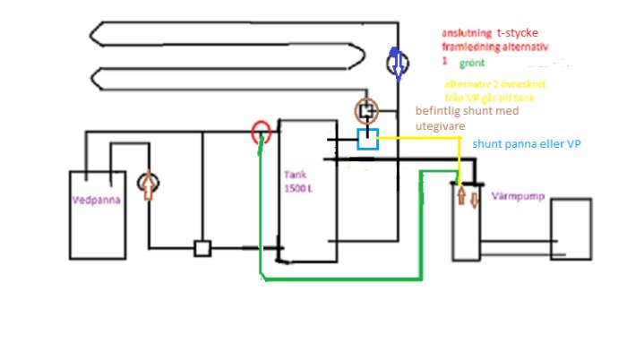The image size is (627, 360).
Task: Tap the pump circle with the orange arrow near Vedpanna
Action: [148, 184]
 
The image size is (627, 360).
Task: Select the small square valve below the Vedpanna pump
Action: [202, 248]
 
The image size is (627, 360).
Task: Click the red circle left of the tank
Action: [261, 133]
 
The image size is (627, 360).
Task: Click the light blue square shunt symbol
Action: [367, 139]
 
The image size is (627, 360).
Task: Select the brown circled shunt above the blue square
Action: [367, 112]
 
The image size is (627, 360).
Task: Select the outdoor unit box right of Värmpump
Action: [571, 230]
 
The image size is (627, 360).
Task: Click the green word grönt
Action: [470, 64]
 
